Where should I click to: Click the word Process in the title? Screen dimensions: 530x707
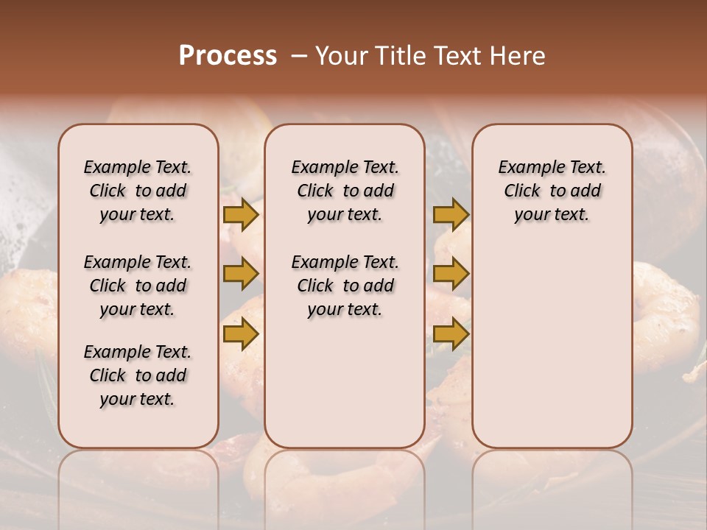tap(228, 55)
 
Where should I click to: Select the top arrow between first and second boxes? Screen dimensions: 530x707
tap(241, 214)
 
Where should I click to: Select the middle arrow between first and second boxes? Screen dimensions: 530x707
tap(241, 274)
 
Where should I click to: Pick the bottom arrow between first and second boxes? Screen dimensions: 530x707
tap(241, 334)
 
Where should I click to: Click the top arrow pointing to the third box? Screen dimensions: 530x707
tap(451, 214)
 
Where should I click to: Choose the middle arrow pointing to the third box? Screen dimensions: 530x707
tap(451, 274)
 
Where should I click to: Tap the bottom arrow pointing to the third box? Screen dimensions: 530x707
tap(451, 334)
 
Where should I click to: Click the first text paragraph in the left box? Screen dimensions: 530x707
tap(138, 191)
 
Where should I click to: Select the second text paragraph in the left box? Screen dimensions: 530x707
tap(138, 286)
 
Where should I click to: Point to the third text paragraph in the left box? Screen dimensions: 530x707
tap(138, 375)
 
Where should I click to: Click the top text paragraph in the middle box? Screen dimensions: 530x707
tap(345, 191)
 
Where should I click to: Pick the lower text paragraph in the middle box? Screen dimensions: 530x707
tap(345, 286)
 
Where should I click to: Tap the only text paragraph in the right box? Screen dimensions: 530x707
tap(552, 191)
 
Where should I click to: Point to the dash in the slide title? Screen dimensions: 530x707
tap(298, 56)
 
